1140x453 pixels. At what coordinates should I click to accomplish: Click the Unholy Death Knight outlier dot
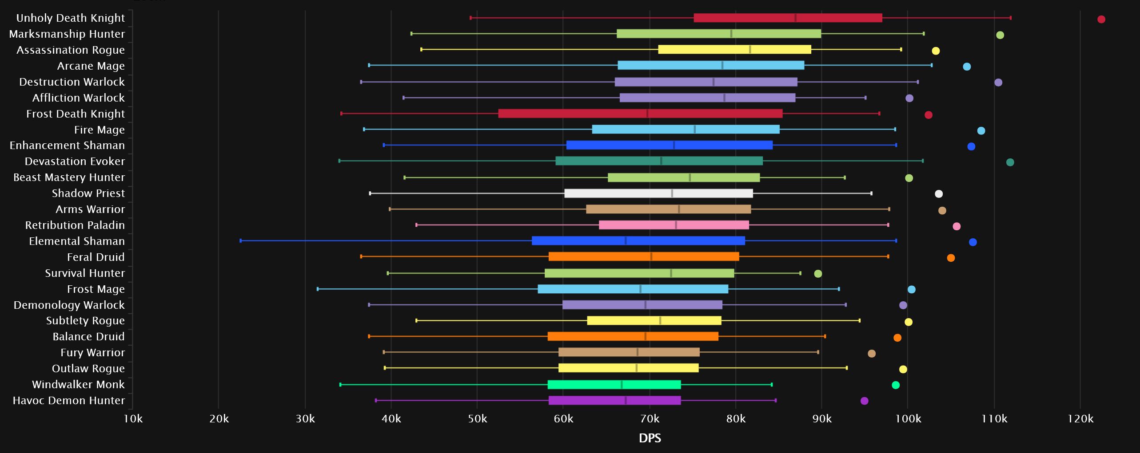click(1101, 19)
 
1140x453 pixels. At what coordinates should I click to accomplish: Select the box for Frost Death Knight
click(640, 114)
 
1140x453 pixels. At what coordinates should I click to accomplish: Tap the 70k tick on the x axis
click(650, 419)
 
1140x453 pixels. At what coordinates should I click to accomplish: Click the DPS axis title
click(650, 438)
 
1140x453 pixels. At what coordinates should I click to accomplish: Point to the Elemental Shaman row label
click(77, 241)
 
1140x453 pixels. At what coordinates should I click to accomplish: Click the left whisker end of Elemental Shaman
click(241, 240)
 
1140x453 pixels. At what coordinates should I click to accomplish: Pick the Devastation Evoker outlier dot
click(1010, 162)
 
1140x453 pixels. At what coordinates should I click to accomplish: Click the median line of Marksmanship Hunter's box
click(731, 34)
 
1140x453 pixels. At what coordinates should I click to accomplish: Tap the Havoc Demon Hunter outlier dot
click(864, 401)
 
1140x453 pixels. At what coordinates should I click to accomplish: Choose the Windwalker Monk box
click(614, 385)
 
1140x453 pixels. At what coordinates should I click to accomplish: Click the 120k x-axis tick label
click(1080, 419)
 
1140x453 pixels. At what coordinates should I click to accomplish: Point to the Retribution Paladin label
click(75, 225)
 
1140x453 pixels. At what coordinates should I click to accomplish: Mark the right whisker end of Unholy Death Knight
click(1011, 18)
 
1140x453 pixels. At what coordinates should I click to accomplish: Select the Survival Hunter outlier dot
click(818, 274)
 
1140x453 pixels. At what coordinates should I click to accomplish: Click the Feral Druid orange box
click(644, 256)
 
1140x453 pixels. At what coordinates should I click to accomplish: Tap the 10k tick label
click(133, 419)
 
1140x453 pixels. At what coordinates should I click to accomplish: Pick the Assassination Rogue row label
click(70, 50)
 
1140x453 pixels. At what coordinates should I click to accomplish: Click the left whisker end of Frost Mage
click(318, 289)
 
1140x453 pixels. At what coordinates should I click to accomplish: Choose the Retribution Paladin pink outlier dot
click(957, 226)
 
